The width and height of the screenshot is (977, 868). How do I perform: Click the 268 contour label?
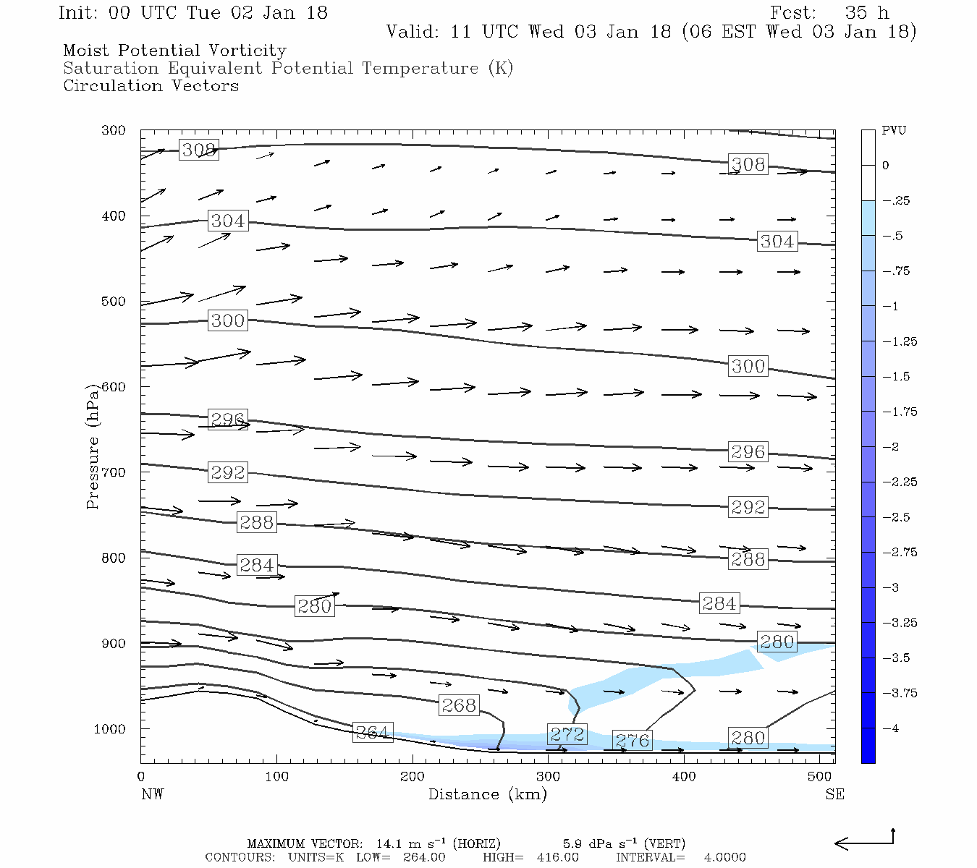459,705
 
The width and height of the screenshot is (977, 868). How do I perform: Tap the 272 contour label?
567,735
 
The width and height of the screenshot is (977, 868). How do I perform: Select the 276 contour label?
632,741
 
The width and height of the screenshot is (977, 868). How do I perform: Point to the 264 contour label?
373,732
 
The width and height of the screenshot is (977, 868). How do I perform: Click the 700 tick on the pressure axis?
114,472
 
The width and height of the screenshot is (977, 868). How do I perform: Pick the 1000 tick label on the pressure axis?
110,729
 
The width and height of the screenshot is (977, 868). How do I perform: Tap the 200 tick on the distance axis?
413,777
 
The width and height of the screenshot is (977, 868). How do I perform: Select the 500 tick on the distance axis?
819,777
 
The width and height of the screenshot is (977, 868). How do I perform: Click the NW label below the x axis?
152,794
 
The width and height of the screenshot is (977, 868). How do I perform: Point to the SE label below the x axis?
834,794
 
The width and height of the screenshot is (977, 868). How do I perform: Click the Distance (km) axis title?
488,794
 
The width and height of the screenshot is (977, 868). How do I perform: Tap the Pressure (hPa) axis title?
93,447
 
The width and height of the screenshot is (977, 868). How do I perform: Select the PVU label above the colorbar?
894,131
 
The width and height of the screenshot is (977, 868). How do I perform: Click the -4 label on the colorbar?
891,728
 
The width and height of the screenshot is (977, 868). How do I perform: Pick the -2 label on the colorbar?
891,447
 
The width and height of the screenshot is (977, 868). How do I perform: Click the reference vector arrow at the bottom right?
865,841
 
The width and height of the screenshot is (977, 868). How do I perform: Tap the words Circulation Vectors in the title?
151,86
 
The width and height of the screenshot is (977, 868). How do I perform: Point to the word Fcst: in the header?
793,13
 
